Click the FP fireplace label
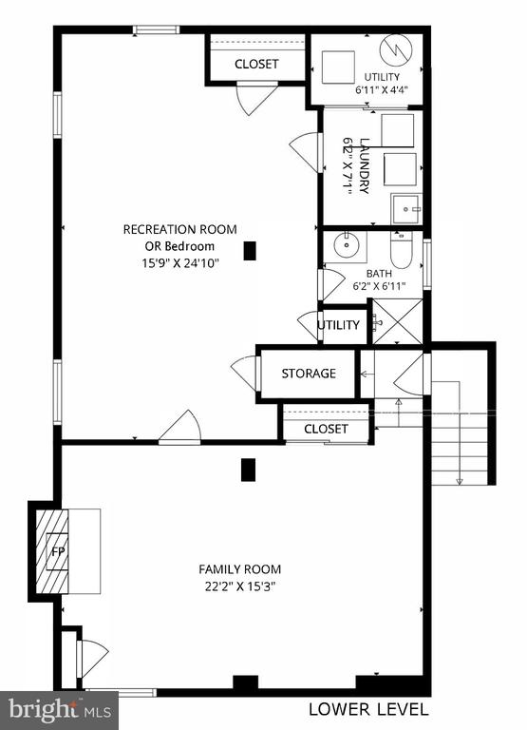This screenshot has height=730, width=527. [x=58, y=552]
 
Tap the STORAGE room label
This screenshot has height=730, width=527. [x=309, y=374]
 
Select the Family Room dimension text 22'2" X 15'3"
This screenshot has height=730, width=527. [x=240, y=586]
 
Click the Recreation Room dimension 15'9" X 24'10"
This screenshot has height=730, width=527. [x=180, y=263]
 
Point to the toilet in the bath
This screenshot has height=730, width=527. [x=401, y=250]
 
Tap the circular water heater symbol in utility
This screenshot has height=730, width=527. [x=396, y=49]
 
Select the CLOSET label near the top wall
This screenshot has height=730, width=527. [x=256, y=64]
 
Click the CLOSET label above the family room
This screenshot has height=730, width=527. [x=326, y=429]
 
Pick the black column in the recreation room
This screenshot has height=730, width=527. [x=250, y=251]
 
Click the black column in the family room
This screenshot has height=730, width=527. [x=248, y=470]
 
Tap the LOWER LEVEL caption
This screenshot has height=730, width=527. [x=368, y=709]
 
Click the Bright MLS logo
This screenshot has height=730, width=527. [x=59, y=710]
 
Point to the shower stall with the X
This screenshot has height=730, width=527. [x=398, y=322]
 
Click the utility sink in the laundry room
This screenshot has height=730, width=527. [x=406, y=208]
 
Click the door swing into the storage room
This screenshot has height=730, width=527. [x=244, y=374]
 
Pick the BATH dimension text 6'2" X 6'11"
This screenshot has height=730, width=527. [x=379, y=286]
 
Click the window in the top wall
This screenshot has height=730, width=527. [x=156, y=29]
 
